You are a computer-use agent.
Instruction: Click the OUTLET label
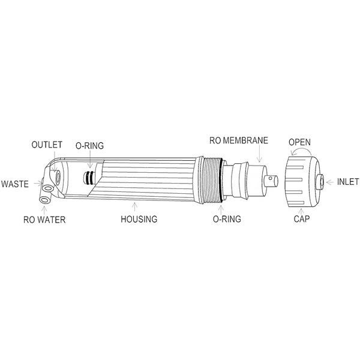[46, 145]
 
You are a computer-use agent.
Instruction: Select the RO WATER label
[44, 220]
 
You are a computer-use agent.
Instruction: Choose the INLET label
[348, 181]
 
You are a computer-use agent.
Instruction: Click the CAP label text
[301, 219]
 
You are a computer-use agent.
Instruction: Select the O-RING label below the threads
[226, 220]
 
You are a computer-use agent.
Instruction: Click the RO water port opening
[46, 197]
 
